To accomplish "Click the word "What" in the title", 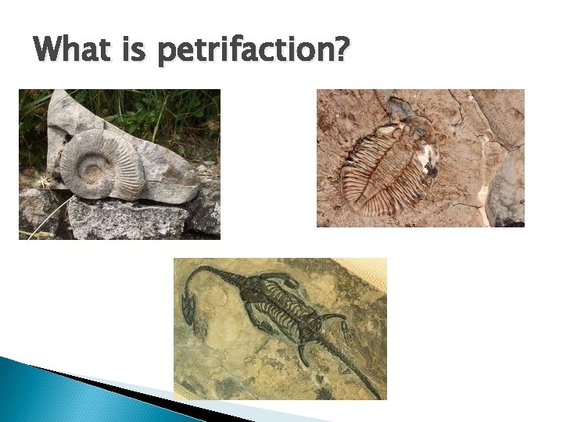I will coord(72,51).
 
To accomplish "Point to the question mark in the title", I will coord(342,51).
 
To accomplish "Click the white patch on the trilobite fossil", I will coord(428,160).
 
